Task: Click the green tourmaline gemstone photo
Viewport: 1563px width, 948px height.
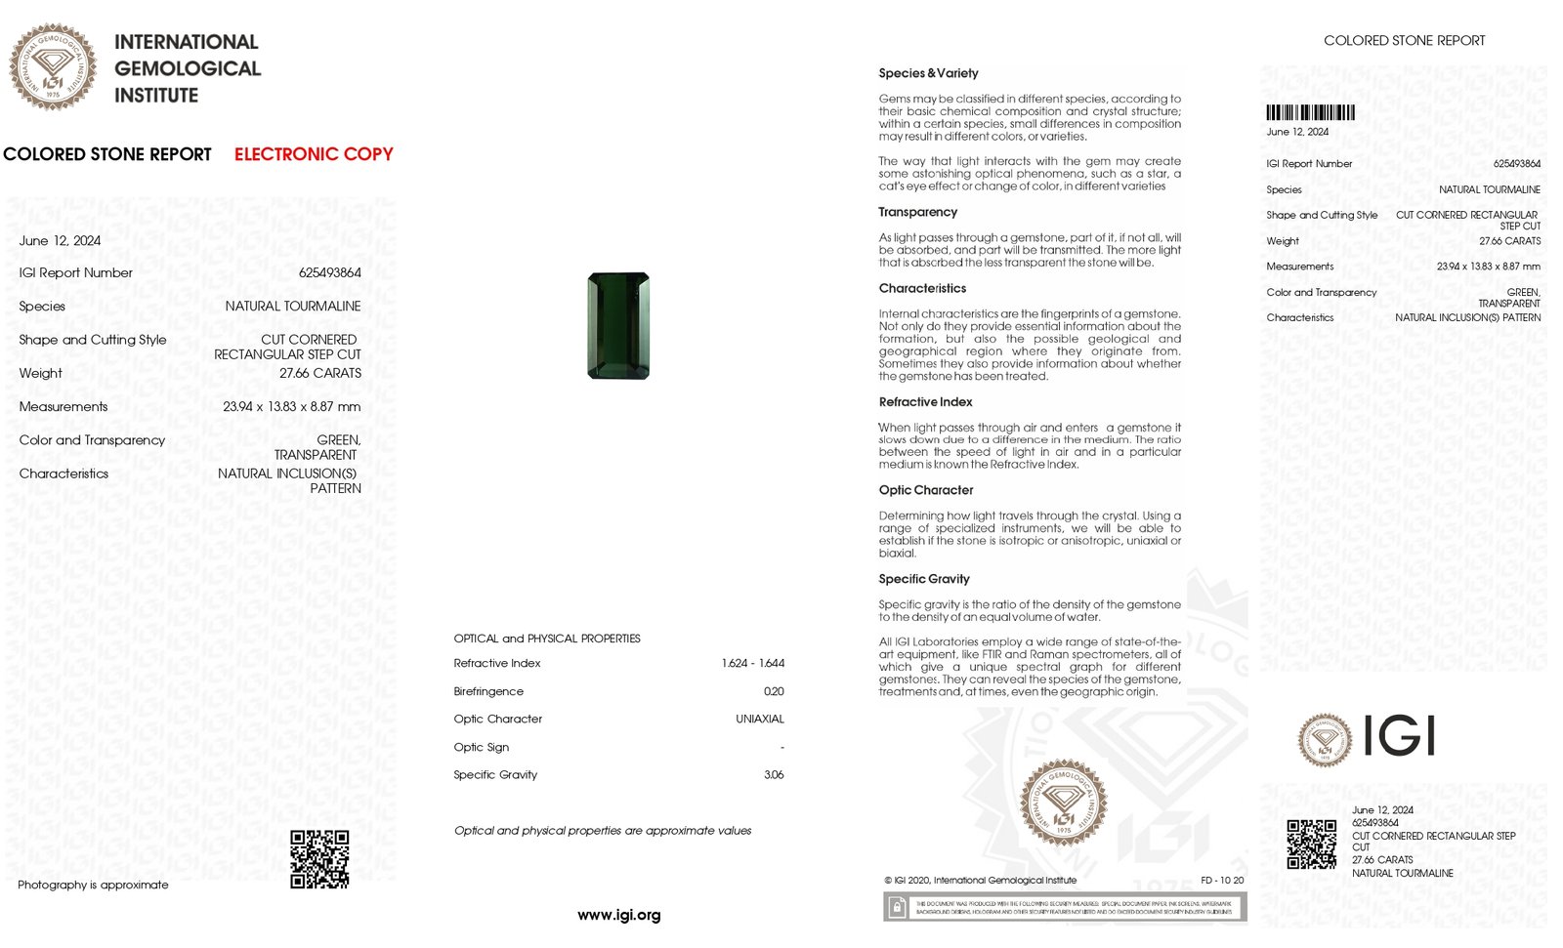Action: tap(618, 326)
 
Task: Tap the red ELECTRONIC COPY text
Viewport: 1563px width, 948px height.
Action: tap(314, 154)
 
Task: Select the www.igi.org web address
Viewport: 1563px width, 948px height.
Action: tap(618, 915)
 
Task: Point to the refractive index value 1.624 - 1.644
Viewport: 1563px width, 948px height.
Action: tap(752, 663)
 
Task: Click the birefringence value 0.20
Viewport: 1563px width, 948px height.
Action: tap(774, 691)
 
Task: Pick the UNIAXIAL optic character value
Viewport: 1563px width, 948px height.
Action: tap(759, 719)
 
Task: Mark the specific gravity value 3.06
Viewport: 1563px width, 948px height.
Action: tap(774, 774)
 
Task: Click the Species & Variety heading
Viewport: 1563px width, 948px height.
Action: tap(928, 73)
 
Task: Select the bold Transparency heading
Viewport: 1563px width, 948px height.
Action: tap(917, 212)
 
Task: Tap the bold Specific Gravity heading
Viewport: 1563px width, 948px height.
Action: tap(923, 579)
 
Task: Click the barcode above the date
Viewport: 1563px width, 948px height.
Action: tap(1310, 112)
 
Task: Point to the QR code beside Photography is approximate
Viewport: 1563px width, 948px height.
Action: tap(319, 859)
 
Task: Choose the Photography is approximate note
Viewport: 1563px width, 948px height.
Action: tap(93, 885)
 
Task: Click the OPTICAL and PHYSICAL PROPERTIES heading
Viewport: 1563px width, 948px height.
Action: tap(547, 639)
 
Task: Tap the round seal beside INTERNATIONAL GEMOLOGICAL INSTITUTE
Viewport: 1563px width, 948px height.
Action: tap(53, 67)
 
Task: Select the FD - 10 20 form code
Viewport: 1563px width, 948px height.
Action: tap(1222, 880)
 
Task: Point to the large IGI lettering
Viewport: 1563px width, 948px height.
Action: tap(1398, 736)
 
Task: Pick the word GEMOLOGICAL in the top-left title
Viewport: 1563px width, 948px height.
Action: tap(188, 68)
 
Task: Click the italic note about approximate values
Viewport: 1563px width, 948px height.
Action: tap(603, 831)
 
